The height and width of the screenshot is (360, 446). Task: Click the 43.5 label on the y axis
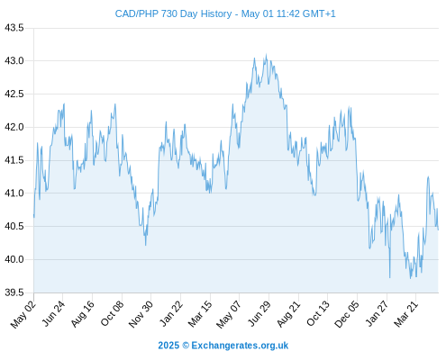[x=14, y=28]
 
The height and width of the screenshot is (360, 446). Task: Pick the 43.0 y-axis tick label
[x=14, y=61]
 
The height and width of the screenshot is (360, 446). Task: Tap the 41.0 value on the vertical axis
[x=14, y=193]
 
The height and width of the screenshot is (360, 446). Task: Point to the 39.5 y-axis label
[x=14, y=292]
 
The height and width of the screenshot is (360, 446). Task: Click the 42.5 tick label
[x=14, y=94]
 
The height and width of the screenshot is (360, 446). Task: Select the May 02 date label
[x=23, y=314]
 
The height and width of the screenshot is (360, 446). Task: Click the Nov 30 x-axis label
[x=141, y=314]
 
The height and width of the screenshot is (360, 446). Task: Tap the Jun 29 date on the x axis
[x=259, y=314]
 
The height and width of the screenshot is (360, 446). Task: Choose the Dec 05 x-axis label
[x=347, y=314]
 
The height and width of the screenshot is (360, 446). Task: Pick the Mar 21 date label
[x=406, y=314]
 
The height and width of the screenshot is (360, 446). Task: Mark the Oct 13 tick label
[x=318, y=314]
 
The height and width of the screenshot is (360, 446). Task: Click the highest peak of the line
[x=266, y=55]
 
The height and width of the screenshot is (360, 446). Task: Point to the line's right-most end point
[x=438, y=229]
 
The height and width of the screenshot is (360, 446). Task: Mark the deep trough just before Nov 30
[x=146, y=245]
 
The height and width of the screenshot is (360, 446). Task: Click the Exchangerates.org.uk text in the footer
[x=240, y=346]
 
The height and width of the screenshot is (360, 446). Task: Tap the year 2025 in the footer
[x=168, y=346]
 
